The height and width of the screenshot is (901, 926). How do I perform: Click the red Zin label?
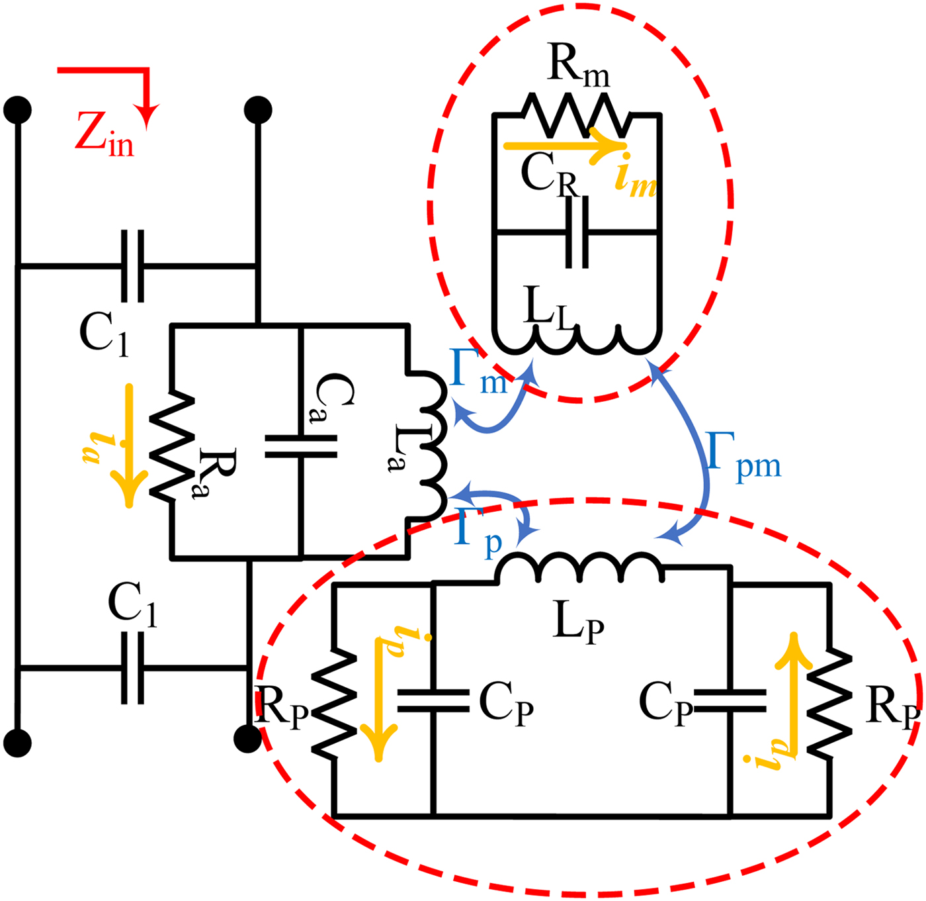[104, 134]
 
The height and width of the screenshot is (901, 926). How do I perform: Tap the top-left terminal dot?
[17, 109]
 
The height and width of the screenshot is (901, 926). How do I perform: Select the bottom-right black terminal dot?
[248, 738]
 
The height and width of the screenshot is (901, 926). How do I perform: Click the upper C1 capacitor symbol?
[132, 266]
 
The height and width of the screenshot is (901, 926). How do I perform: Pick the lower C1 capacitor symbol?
[132, 669]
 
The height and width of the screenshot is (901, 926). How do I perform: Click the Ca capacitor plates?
[301, 446]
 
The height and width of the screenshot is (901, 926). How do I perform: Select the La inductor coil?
[430, 445]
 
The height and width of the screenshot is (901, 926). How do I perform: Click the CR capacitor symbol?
[577, 232]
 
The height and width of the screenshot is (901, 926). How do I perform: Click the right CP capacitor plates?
[731, 700]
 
